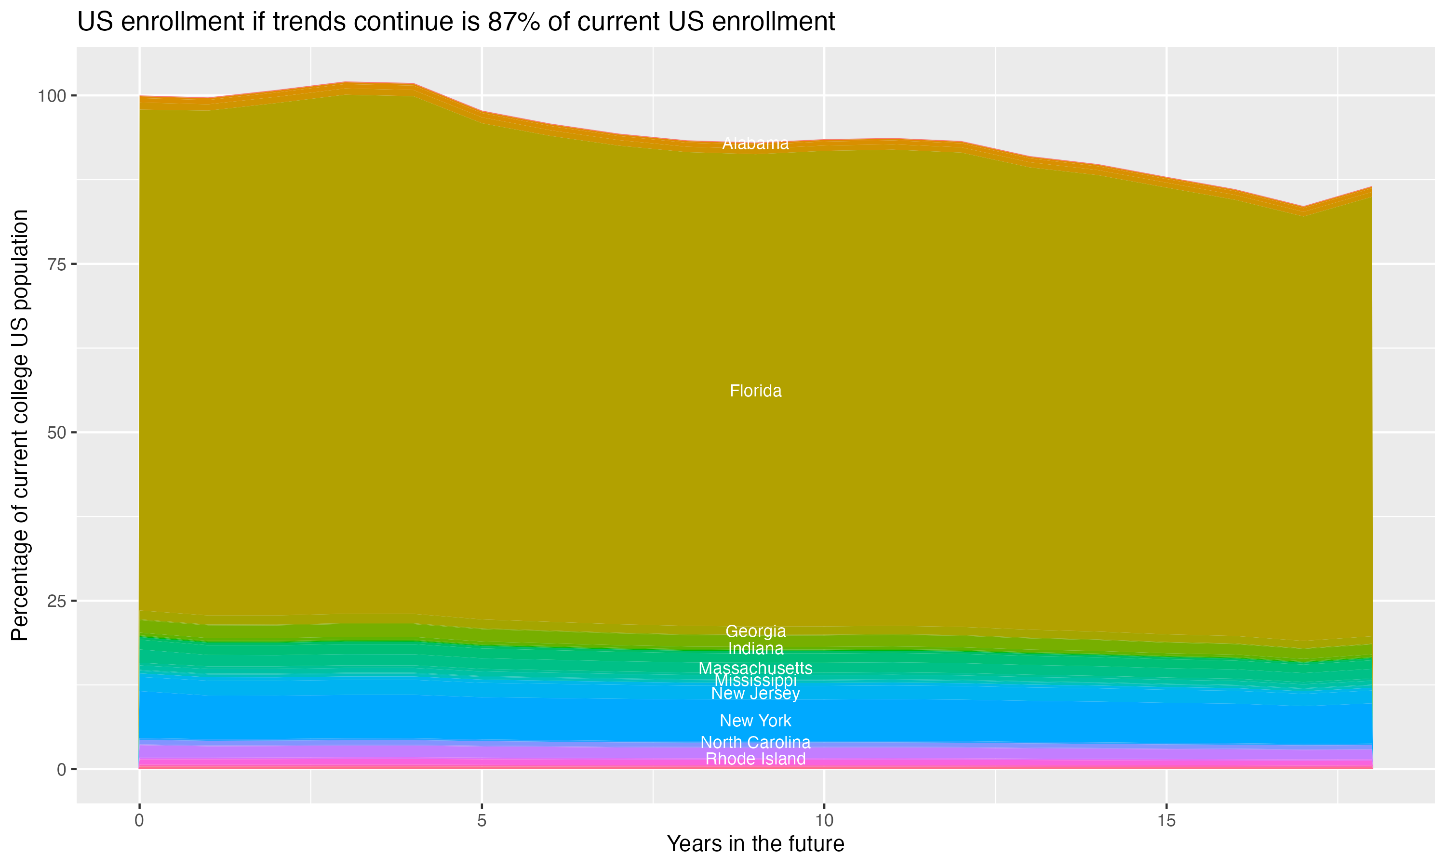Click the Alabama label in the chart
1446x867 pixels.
tap(755, 143)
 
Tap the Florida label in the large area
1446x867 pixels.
tap(755, 391)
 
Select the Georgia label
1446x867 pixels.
tap(755, 631)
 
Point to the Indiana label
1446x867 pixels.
tap(755, 648)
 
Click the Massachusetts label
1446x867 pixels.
tap(755, 668)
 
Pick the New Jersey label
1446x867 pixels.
tap(755, 694)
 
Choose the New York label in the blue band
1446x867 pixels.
tap(755, 721)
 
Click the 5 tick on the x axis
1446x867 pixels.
tap(482, 821)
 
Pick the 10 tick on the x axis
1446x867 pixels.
tap(824, 821)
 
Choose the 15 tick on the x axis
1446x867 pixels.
tap(1166, 821)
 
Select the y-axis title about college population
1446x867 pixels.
tap(20, 425)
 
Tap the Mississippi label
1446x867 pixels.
tap(755, 681)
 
